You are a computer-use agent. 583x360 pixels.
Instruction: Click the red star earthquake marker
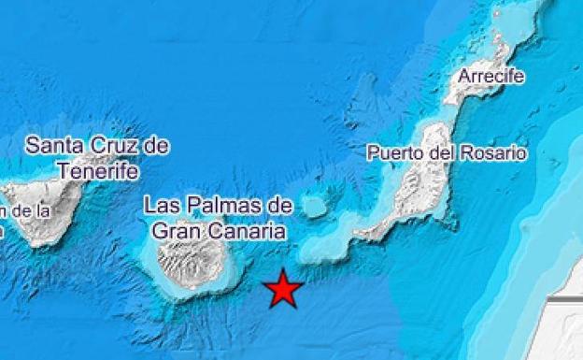(x=283, y=289)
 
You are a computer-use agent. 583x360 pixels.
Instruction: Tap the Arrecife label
(x=491, y=76)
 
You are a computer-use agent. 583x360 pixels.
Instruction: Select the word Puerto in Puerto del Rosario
(x=392, y=152)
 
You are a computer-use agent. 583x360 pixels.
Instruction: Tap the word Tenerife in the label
(x=97, y=172)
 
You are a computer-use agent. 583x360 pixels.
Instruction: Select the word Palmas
(x=220, y=205)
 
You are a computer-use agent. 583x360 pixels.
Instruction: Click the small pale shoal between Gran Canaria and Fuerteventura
(x=315, y=206)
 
